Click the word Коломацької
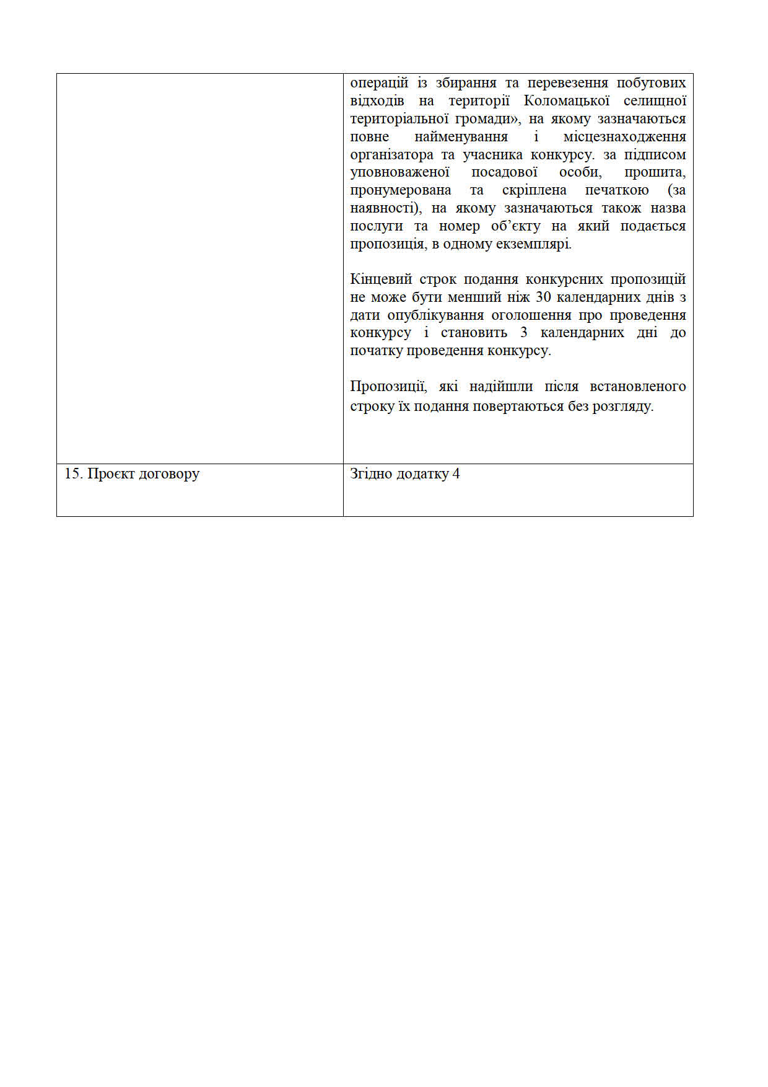(567, 101)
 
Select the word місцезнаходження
(624, 137)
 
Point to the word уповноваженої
(399, 172)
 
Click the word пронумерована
(400, 190)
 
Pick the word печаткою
(617, 190)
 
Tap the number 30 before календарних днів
(543, 297)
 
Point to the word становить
(474, 333)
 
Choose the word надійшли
(501, 387)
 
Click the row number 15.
(72, 474)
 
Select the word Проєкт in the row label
(108, 474)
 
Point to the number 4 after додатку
(456, 474)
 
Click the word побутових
(651, 83)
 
